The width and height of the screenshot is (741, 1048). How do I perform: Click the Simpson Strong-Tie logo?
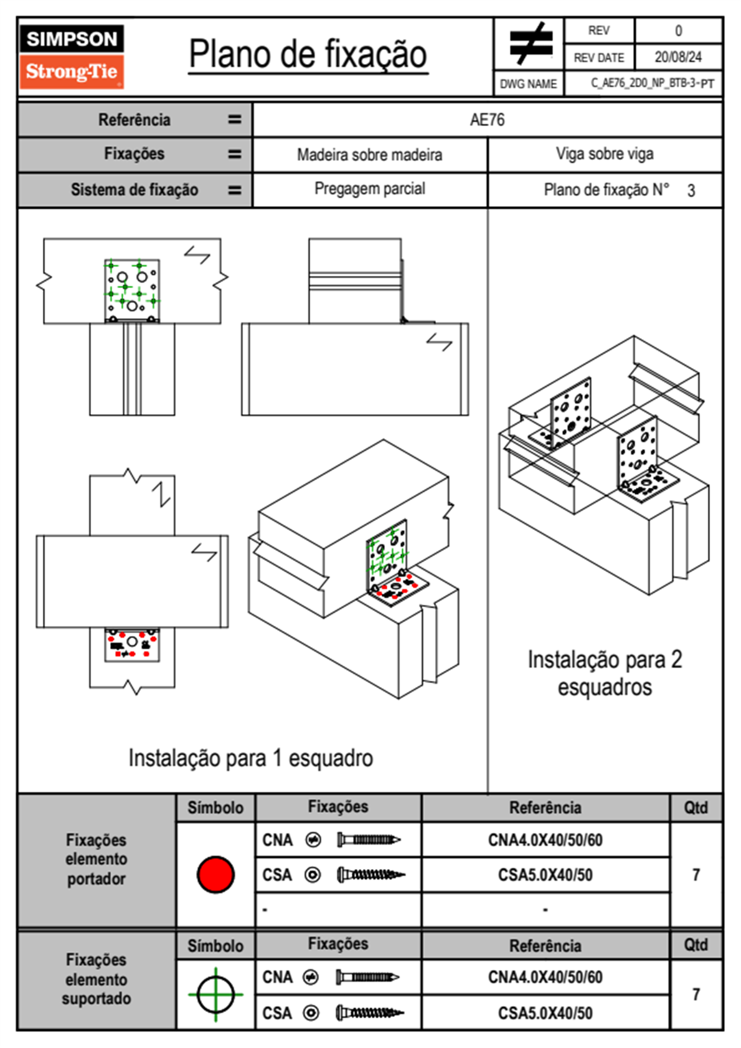71,56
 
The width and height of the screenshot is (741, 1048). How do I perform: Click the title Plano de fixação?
308,54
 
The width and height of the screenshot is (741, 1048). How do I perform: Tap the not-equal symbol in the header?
530,44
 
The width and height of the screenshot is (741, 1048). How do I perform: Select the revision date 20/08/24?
677,57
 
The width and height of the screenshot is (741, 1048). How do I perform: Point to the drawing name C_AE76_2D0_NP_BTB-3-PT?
652,83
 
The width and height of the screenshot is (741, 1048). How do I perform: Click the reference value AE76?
487,120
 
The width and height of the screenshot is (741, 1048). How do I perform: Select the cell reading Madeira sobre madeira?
369,155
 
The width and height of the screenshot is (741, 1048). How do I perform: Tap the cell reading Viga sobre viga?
605,154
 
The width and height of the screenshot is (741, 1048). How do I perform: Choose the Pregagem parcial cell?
369,189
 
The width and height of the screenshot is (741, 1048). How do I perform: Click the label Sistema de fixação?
134,189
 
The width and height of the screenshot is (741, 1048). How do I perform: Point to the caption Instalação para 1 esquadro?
250,758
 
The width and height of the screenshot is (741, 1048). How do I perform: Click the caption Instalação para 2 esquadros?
605,673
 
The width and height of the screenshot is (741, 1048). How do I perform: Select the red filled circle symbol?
215,874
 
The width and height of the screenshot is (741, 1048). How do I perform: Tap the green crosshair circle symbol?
215,994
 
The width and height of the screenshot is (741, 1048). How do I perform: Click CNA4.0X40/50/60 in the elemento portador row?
545,840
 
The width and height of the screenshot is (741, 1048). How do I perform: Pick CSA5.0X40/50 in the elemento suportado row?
545,1013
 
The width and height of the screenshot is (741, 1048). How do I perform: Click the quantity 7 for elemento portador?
696,875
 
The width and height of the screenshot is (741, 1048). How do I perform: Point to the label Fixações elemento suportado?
96,979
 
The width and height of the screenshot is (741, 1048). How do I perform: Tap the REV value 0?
678,31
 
